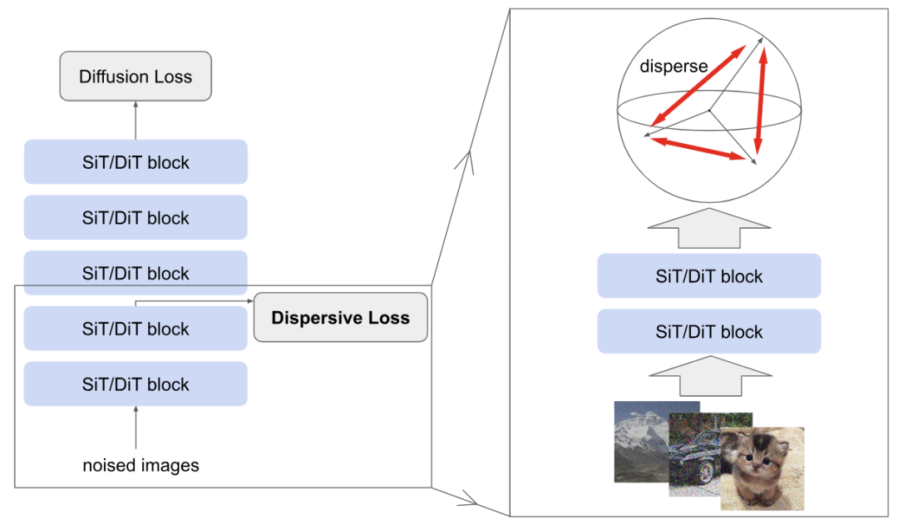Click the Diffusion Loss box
pyautogui.click(x=136, y=77)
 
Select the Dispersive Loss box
pyautogui.click(x=340, y=318)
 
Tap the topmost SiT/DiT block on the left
pyautogui.click(x=136, y=162)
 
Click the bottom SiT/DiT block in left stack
pyautogui.click(x=136, y=384)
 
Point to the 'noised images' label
pyautogui.click(x=141, y=465)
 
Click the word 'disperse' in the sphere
pyautogui.click(x=673, y=67)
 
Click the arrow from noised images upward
pyautogui.click(x=136, y=428)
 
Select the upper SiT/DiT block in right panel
pyautogui.click(x=708, y=276)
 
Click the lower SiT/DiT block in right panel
pyautogui.click(x=708, y=332)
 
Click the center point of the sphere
pyautogui.click(x=708, y=110)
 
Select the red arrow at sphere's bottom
pyautogui.click(x=697, y=148)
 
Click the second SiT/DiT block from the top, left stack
pyautogui.click(x=136, y=218)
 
